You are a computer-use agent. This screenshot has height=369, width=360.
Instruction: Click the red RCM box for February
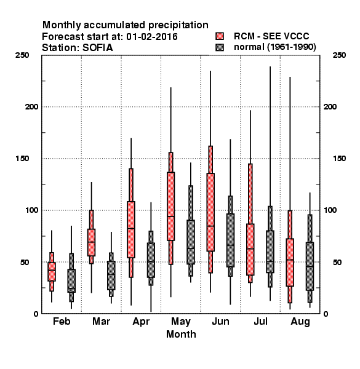click(52, 272)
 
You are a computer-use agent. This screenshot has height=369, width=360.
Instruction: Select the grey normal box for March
click(111, 276)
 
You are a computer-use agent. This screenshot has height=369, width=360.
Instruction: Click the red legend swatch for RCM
click(220, 36)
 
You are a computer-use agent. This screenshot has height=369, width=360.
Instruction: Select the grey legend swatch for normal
click(220, 47)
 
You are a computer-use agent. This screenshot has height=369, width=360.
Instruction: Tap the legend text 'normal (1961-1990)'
click(274, 47)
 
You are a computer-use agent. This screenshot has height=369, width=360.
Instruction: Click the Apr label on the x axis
click(141, 322)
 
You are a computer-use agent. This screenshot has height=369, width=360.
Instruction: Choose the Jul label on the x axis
click(260, 321)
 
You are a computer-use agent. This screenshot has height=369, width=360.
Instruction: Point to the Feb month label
click(62, 321)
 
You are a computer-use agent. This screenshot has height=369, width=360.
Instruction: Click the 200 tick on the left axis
click(31, 107)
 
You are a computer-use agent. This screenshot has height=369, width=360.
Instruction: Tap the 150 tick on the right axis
click(339, 159)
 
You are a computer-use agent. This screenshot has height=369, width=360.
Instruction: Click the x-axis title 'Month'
click(181, 334)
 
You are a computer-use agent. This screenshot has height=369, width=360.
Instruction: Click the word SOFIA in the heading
click(97, 48)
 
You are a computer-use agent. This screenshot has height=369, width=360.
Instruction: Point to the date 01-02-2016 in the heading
click(152, 37)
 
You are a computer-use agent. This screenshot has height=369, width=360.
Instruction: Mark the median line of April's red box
click(131, 228)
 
